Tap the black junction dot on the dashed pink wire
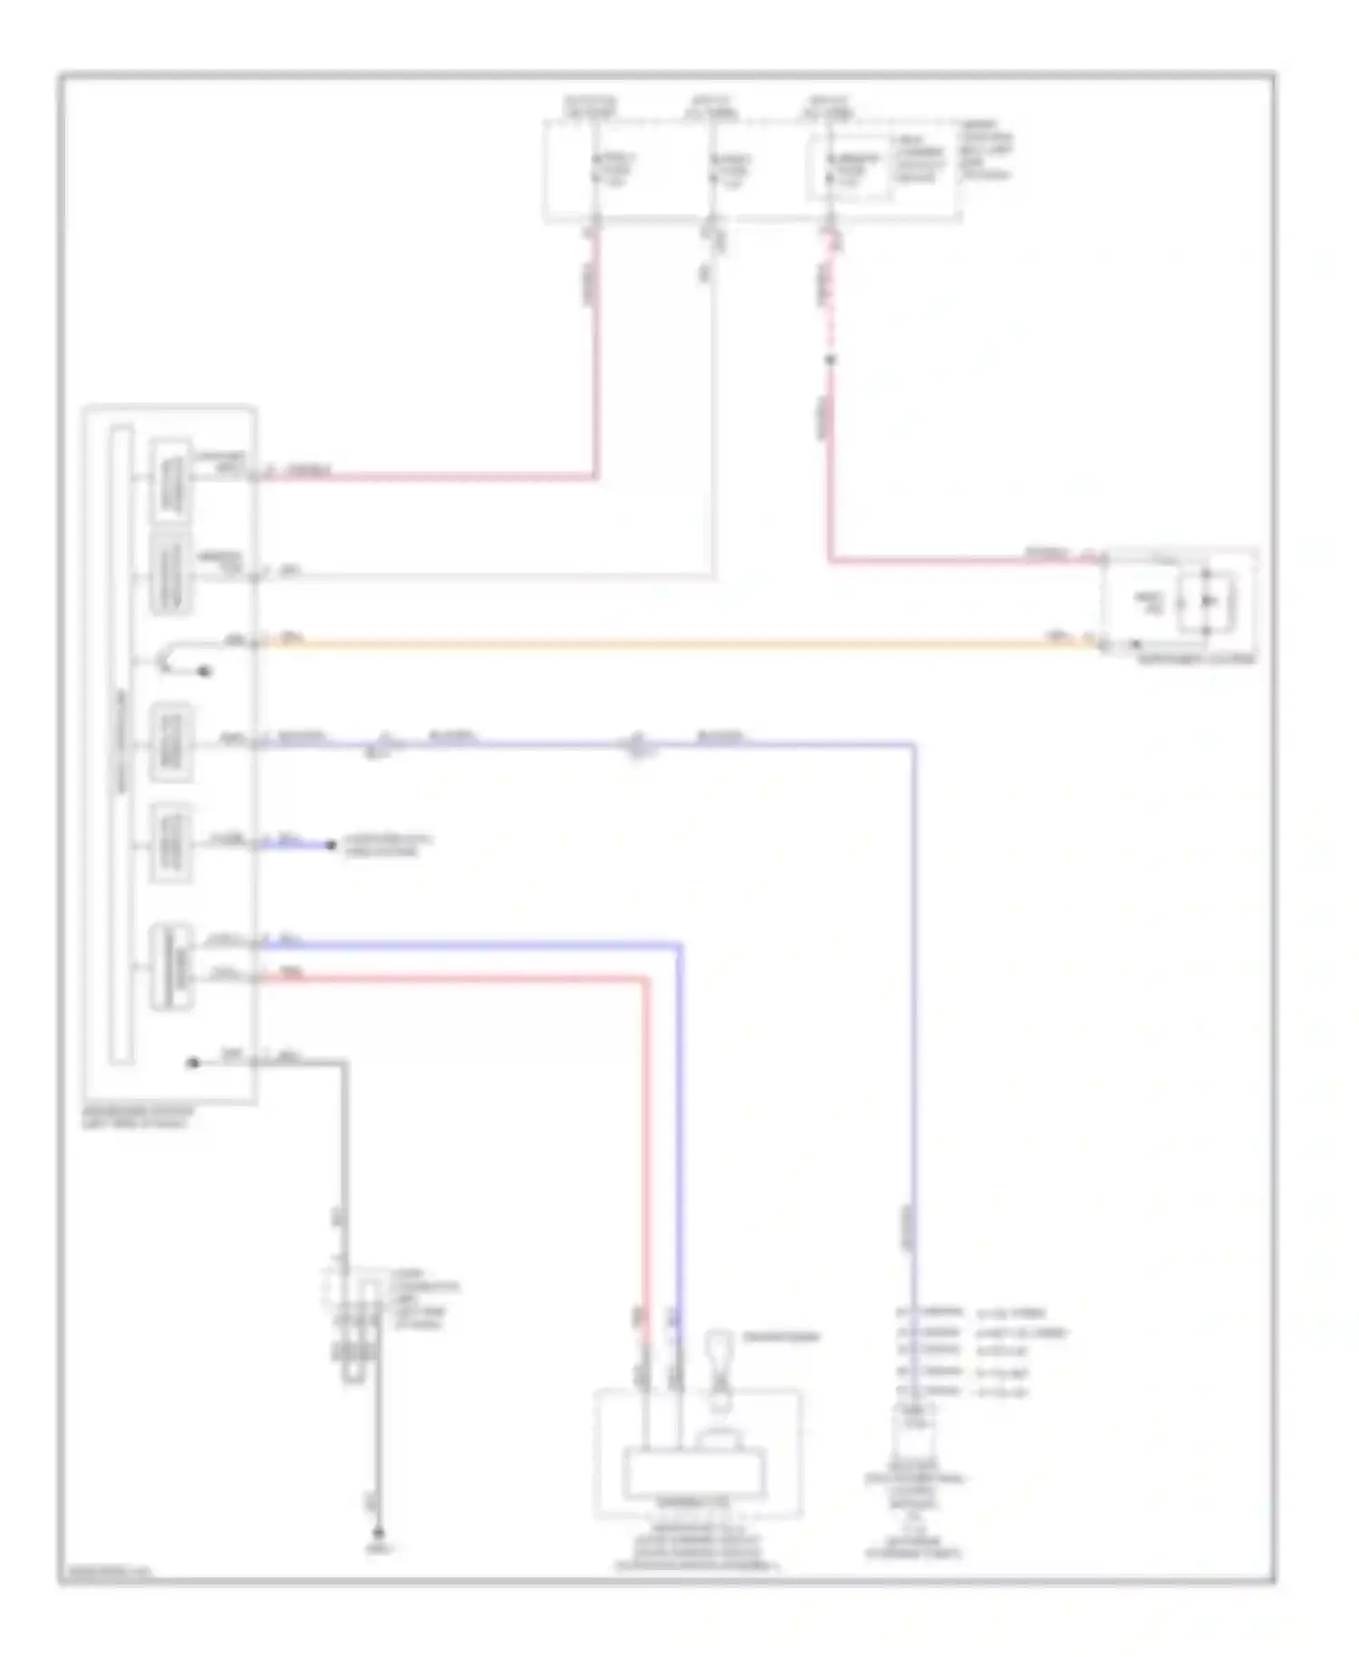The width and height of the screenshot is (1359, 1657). (830, 361)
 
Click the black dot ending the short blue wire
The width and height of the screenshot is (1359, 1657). (332, 846)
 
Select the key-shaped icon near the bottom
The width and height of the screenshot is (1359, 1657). (719, 1352)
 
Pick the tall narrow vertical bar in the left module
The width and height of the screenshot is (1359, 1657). (121, 743)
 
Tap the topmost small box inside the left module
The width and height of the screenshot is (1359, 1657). (171, 480)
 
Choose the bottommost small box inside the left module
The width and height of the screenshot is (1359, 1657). (171, 966)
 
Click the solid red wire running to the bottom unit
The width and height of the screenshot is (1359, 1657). (647, 1133)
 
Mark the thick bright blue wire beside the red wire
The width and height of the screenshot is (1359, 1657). (679, 1133)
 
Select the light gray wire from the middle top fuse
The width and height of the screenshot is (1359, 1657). (714, 408)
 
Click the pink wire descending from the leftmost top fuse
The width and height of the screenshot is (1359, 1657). (596, 363)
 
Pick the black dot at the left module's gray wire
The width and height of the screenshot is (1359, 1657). (193, 1062)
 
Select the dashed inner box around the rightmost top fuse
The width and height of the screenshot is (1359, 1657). (849, 168)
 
